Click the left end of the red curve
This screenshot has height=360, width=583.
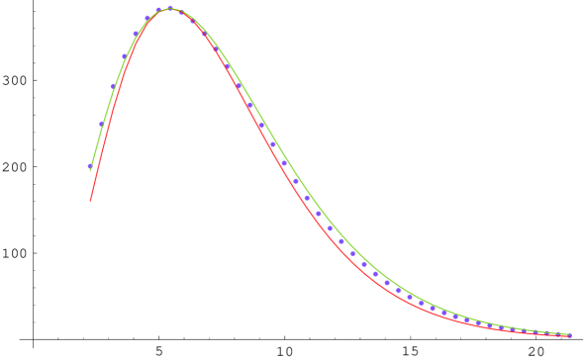(90, 200)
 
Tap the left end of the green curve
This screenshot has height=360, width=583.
(91, 164)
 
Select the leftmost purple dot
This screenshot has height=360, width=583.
(90, 167)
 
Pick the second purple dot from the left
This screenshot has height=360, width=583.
(101, 125)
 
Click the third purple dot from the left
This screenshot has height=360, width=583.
(113, 87)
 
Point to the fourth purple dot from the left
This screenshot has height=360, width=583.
(124, 56)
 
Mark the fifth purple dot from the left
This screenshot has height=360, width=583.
(136, 34)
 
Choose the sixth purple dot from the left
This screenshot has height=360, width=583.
(147, 18)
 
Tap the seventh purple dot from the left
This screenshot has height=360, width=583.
(158, 10)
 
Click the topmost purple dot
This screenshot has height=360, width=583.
(170, 8)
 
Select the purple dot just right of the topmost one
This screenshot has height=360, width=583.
(181, 12)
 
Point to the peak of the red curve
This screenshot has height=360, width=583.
(170, 10)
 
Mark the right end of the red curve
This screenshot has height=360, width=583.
(571, 336)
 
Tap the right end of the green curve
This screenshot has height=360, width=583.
(571, 335)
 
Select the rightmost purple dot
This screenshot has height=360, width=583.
(569, 335)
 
